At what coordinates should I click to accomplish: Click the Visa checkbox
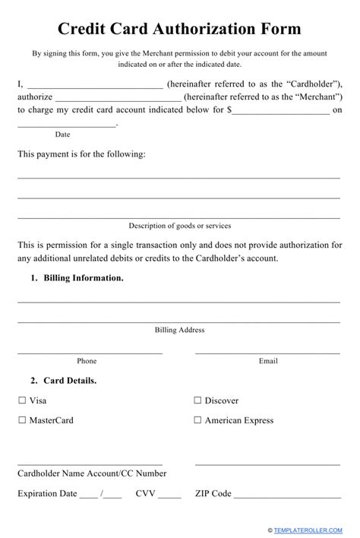point(21,400)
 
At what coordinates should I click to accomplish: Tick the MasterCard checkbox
point(21,419)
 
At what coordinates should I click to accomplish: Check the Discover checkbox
point(197,400)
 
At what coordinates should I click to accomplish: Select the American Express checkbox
point(197,419)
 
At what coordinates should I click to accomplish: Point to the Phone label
point(87,361)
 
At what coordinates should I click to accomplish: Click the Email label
point(268,361)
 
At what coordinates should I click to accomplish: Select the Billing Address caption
point(179,330)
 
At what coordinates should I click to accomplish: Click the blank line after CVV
point(169,495)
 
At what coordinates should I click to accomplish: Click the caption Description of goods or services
point(179,226)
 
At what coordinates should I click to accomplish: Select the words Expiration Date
point(47,493)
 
